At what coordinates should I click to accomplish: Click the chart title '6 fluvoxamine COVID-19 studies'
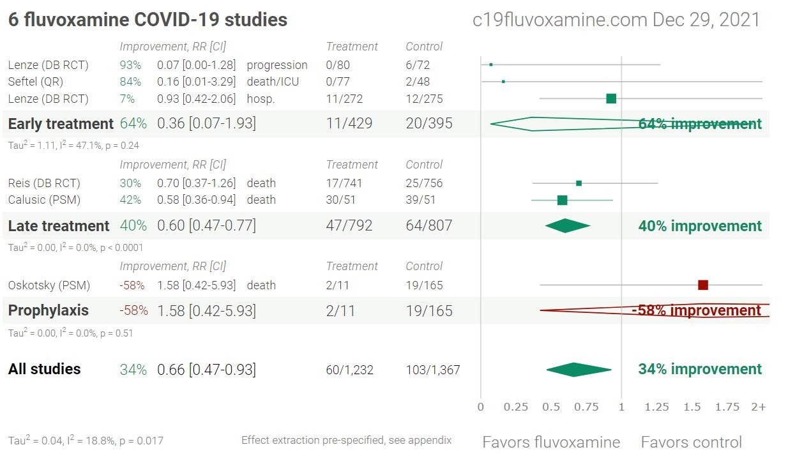pos(148,20)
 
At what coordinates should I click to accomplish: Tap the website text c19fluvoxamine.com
pos(559,20)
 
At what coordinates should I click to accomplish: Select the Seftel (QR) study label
pos(36,82)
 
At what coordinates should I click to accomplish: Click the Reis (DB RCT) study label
pos(44,183)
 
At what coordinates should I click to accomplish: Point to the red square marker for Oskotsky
pos(703,285)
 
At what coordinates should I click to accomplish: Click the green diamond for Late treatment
pos(567,226)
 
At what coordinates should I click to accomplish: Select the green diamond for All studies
pos(578,369)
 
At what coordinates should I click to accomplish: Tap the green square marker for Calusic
pos(562,200)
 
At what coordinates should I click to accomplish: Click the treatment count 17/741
pos(344,183)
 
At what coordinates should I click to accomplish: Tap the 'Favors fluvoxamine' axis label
pos(551,442)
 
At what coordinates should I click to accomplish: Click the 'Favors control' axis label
pos(691,442)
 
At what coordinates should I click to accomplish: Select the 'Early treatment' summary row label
pos(61,124)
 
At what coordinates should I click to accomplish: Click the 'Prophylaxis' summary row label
pos(49,310)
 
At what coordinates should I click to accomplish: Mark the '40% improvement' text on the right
pos(700,226)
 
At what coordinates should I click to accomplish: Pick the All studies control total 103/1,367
pos(433,370)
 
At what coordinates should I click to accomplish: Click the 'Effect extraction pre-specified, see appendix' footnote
pos(346,440)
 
